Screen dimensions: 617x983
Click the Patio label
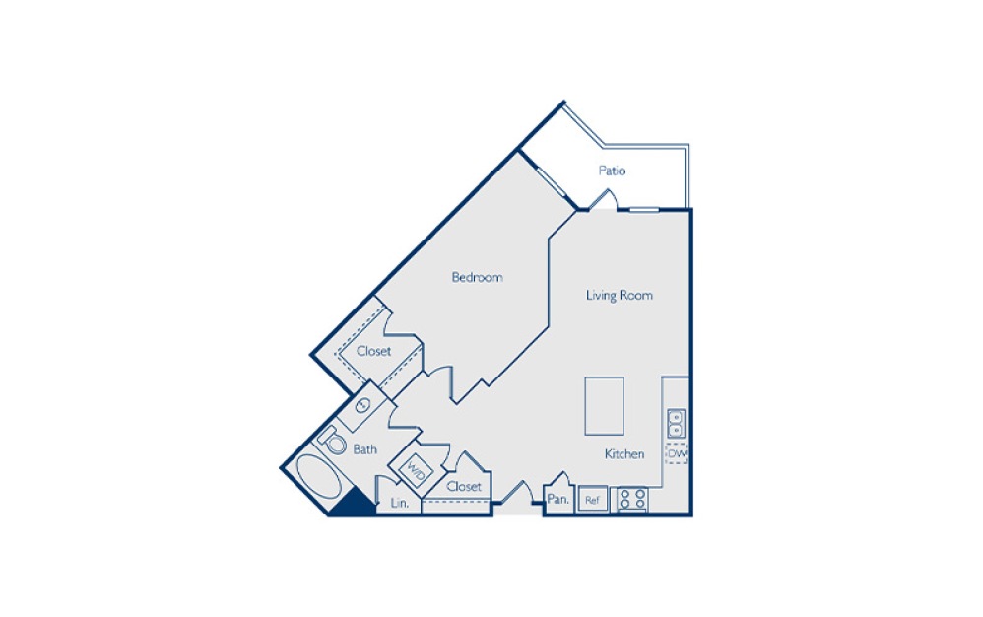click(x=612, y=171)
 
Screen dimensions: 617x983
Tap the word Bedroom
click(x=477, y=277)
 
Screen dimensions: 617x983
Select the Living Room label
click(x=619, y=295)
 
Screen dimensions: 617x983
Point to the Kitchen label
click(x=624, y=454)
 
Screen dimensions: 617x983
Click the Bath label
click(x=365, y=449)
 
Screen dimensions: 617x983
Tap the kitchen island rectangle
click(x=604, y=405)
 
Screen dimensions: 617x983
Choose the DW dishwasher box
click(x=676, y=453)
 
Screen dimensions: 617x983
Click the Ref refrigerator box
click(x=592, y=500)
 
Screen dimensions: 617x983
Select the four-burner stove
click(x=631, y=500)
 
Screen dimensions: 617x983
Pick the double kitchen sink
click(x=676, y=424)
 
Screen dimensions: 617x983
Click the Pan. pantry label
click(x=558, y=500)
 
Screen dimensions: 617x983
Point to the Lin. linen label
click(x=399, y=504)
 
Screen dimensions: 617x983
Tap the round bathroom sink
click(x=361, y=405)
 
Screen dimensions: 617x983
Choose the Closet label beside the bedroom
click(x=373, y=351)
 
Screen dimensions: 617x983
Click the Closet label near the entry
click(x=464, y=487)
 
